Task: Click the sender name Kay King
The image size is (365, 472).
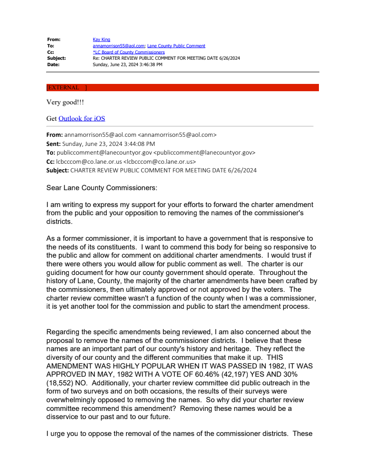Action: [101, 40]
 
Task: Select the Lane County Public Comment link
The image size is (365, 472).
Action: [176, 46]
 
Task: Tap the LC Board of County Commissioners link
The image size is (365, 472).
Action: [129, 52]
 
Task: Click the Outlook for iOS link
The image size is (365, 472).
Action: [82, 119]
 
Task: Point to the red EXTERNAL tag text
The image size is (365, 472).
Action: [63, 88]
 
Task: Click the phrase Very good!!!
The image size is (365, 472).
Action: [65, 103]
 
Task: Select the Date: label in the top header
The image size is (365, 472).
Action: [53, 65]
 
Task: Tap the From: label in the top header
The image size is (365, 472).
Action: [54, 40]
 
